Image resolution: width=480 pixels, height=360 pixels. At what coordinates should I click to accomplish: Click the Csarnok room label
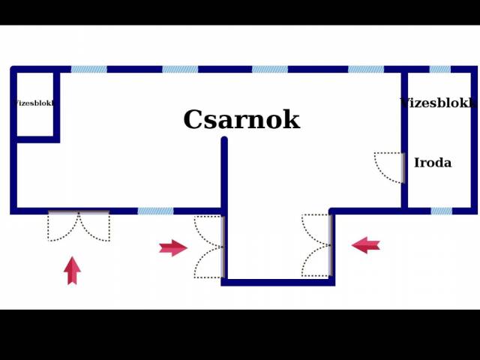tap(241, 120)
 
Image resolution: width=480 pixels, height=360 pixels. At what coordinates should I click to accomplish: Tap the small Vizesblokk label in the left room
tap(34, 103)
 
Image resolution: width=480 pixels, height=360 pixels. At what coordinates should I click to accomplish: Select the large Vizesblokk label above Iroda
tap(438, 103)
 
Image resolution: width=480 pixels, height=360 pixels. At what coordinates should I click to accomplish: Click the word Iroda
tap(433, 163)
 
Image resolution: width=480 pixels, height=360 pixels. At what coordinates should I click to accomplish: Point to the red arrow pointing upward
tap(72, 271)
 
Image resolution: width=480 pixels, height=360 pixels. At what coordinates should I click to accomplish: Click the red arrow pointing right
tap(172, 247)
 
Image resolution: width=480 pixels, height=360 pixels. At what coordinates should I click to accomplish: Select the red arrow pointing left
tap(366, 244)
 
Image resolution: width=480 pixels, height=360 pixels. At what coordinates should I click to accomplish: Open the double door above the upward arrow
tap(79, 226)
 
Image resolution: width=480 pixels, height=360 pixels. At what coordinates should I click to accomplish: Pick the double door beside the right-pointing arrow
tap(209, 247)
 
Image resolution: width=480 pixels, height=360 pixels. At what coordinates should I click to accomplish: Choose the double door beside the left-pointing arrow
tap(316, 245)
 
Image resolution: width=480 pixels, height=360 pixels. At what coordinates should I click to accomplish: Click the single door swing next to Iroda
tap(389, 167)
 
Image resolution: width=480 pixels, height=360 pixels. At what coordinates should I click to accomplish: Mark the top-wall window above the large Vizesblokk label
tap(439, 69)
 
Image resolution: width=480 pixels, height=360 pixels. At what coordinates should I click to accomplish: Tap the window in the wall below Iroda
tap(441, 211)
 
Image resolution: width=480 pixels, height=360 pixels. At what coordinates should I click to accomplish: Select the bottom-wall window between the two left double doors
tap(155, 211)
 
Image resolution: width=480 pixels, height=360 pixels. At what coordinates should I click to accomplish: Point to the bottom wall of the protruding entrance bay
tap(278, 282)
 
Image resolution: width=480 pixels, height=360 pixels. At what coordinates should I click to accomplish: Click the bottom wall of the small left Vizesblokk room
tap(36, 139)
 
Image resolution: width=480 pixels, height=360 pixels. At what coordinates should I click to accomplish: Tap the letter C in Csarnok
tap(193, 120)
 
